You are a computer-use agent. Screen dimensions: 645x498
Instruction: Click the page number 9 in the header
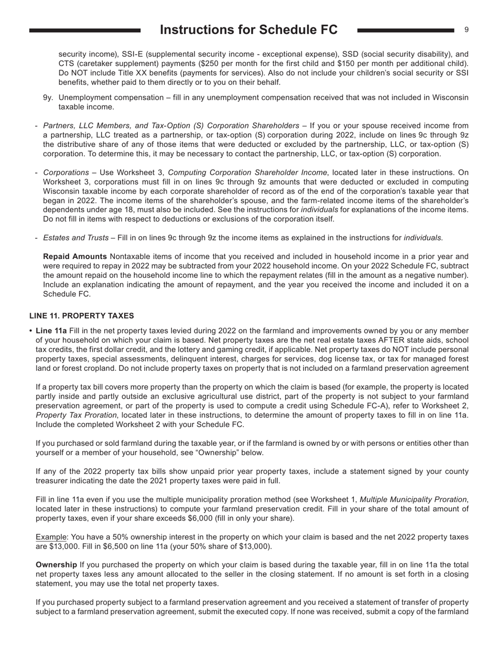tap(466, 30)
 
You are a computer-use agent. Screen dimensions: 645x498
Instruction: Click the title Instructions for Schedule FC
tap(248, 30)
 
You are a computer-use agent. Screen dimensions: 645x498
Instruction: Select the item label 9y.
tap(49, 98)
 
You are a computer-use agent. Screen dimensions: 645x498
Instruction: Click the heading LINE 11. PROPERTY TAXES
tap(81, 316)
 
